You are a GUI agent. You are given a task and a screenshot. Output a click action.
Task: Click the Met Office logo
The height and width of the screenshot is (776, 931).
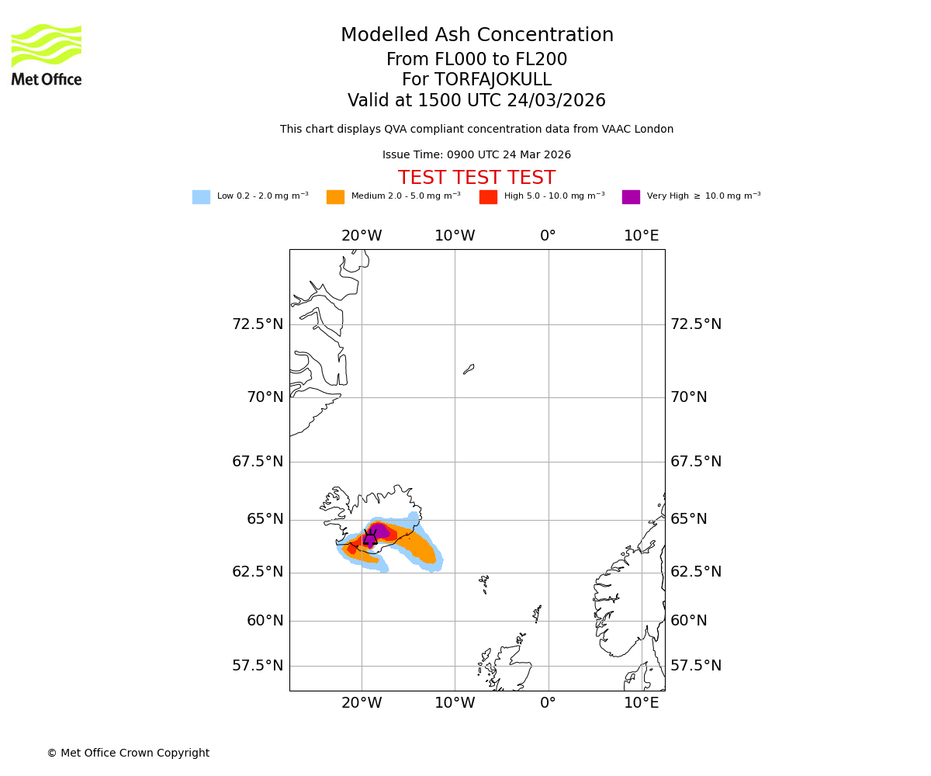click(x=47, y=54)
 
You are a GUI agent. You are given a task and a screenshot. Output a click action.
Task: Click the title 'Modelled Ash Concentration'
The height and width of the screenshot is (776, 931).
click(x=477, y=36)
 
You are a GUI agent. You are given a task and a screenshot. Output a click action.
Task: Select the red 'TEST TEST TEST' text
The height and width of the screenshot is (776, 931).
click(x=476, y=178)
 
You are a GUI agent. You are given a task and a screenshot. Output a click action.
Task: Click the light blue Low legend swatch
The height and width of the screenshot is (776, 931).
click(x=201, y=197)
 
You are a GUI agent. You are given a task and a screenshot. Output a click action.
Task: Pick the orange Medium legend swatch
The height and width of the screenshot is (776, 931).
click(x=335, y=197)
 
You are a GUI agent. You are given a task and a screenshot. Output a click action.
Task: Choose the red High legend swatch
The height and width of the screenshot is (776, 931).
click(x=488, y=197)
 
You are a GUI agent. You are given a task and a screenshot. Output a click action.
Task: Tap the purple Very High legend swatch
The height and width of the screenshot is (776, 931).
click(x=631, y=197)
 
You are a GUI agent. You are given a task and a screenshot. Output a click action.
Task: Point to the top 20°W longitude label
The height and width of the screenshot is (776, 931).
click(x=362, y=236)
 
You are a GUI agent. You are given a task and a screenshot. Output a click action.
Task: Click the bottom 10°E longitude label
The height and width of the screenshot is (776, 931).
click(x=642, y=703)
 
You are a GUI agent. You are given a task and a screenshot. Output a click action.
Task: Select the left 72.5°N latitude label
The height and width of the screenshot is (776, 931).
click(x=258, y=324)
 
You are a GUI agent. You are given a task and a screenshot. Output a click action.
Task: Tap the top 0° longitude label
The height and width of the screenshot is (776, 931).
click(x=549, y=236)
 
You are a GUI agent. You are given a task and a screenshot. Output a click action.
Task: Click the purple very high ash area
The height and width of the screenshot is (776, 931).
click(x=379, y=532)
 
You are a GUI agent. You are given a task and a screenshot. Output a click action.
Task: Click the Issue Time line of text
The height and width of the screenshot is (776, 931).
click(x=476, y=155)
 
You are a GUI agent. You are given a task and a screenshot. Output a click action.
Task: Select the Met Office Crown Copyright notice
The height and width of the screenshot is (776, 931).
click(x=128, y=753)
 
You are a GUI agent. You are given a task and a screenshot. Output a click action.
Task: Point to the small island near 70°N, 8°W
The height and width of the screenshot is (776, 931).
click(x=469, y=369)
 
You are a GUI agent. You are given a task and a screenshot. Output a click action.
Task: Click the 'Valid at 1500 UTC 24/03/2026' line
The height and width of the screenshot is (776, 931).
click(x=476, y=101)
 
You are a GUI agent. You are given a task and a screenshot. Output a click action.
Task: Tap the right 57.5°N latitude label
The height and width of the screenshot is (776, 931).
click(x=696, y=666)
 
